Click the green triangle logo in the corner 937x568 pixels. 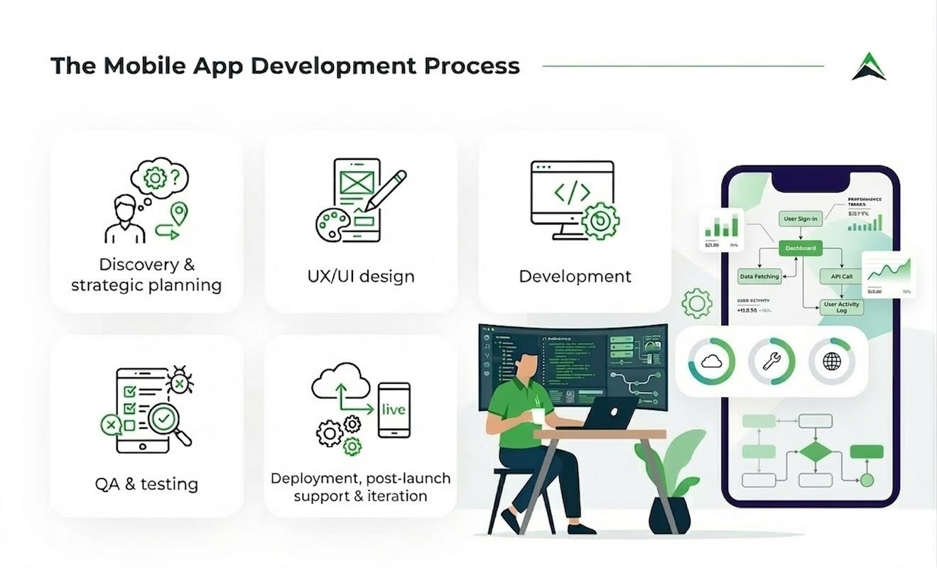pyautogui.click(x=869, y=67)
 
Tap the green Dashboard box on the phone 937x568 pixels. pyautogui.click(x=800, y=248)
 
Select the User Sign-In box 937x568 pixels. pyautogui.click(x=800, y=219)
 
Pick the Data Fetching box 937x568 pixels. pyautogui.click(x=759, y=276)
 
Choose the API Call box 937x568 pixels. pyautogui.click(x=841, y=276)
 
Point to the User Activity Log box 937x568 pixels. pyautogui.click(x=842, y=307)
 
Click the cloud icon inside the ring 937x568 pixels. pyautogui.click(x=711, y=361)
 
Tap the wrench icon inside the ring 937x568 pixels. pyautogui.click(x=771, y=361)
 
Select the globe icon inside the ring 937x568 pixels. pyautogui.click(x=831, y=361)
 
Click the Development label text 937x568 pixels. pyautogui.click(x=575, y=276)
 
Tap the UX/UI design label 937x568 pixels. pyautogui.click(x=361, y=276)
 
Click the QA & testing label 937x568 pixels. pyautogui.click(x=146, y=484)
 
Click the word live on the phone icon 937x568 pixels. pyautogui.click(x=394, y=410)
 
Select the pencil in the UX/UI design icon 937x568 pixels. pyautogui.click(x=386, y=190)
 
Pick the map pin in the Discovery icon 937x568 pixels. pyautogui.click(x=179, y=212)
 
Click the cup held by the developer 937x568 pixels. pyautogui.click(x=538, y=415)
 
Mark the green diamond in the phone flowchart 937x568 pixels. pyautogui.click(x=814, y=452)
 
